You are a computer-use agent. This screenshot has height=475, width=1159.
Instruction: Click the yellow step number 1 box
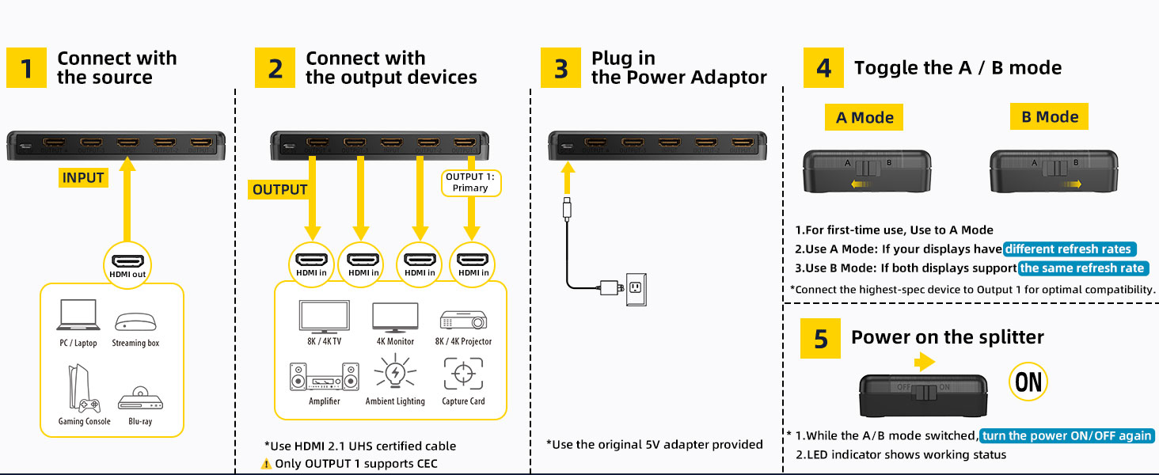tap(27, 68)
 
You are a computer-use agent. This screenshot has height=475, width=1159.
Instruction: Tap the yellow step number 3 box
tap(560, 68)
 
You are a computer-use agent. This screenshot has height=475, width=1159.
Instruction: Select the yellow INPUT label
tap(83, 177)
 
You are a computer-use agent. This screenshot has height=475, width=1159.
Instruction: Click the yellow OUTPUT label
tap(279, 189)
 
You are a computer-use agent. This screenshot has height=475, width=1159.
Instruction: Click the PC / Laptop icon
tap(78, 315)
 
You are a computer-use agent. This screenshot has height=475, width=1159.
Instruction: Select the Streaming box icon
tap(135, 322)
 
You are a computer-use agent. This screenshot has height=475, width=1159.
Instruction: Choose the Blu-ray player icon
tap(140, 398)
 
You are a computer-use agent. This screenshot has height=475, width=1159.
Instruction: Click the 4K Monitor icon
tap(395, 317)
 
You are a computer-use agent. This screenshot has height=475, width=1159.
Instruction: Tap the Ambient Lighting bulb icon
tap(395, 374)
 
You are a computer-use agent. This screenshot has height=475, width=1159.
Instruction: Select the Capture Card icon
tap(463, 374)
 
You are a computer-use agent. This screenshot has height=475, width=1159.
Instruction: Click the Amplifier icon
tap(324, 377)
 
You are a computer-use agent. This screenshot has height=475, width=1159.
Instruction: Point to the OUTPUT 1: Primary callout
tap(470, 182)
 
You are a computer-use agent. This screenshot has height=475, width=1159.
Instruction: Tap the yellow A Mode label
tap(864, 118)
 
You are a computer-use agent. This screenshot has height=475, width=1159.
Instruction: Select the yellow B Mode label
tap(1050, 117)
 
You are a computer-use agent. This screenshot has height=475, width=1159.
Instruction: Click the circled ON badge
tap(1028, 382)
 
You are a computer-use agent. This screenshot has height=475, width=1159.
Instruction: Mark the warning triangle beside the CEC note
tap(266, 464)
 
